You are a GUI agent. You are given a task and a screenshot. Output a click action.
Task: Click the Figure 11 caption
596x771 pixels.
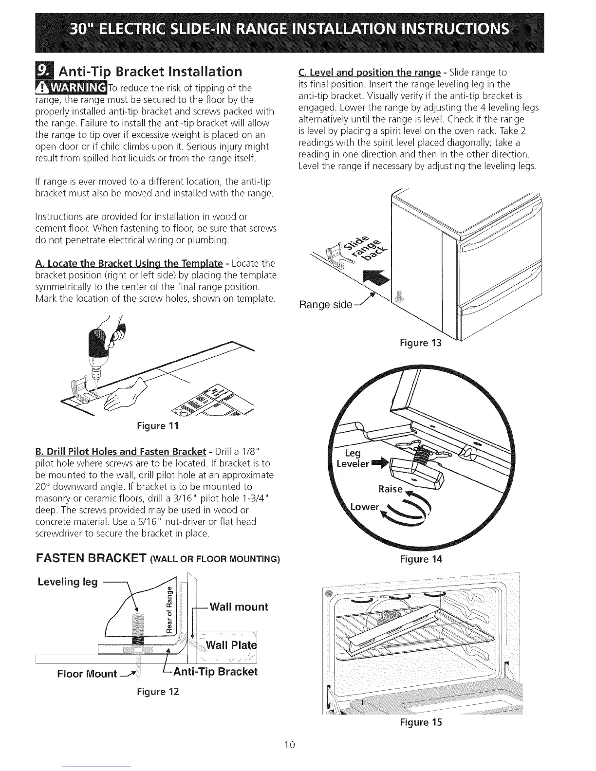(x=159, y=427)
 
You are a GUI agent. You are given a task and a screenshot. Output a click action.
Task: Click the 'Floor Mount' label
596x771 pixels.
(x=87, y=674)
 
